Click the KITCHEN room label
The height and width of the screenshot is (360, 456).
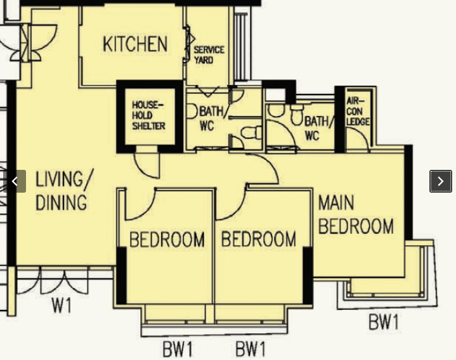[x=135, y=44]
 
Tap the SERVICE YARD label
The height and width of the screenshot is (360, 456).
[x=209, y=55]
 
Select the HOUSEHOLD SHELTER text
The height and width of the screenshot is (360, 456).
[x=148, y=115]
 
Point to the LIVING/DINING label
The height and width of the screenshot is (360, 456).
[x=64, y=190]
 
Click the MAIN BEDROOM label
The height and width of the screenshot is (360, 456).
[x=356, y=215]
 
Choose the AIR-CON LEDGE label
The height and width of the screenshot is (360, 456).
[x=358, y=112]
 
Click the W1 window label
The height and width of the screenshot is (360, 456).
[x=62, y=305]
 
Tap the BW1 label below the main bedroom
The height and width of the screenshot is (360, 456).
[x=384, y=322]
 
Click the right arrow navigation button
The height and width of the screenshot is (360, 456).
[x=441, y=181]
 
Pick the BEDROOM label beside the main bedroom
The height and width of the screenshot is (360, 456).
[x=259, y=239]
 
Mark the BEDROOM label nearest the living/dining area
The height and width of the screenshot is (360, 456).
[x=167, y=240]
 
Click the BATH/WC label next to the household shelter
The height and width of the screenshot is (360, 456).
[x=212, y=119]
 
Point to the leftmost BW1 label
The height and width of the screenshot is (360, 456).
[x=178, y=349]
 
